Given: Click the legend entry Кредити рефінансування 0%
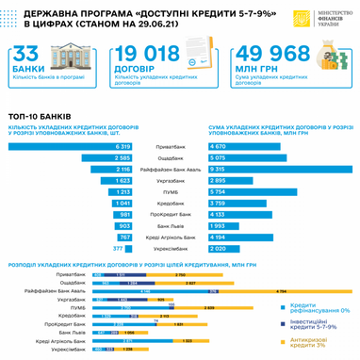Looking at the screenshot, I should click(x=315, y=308).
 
